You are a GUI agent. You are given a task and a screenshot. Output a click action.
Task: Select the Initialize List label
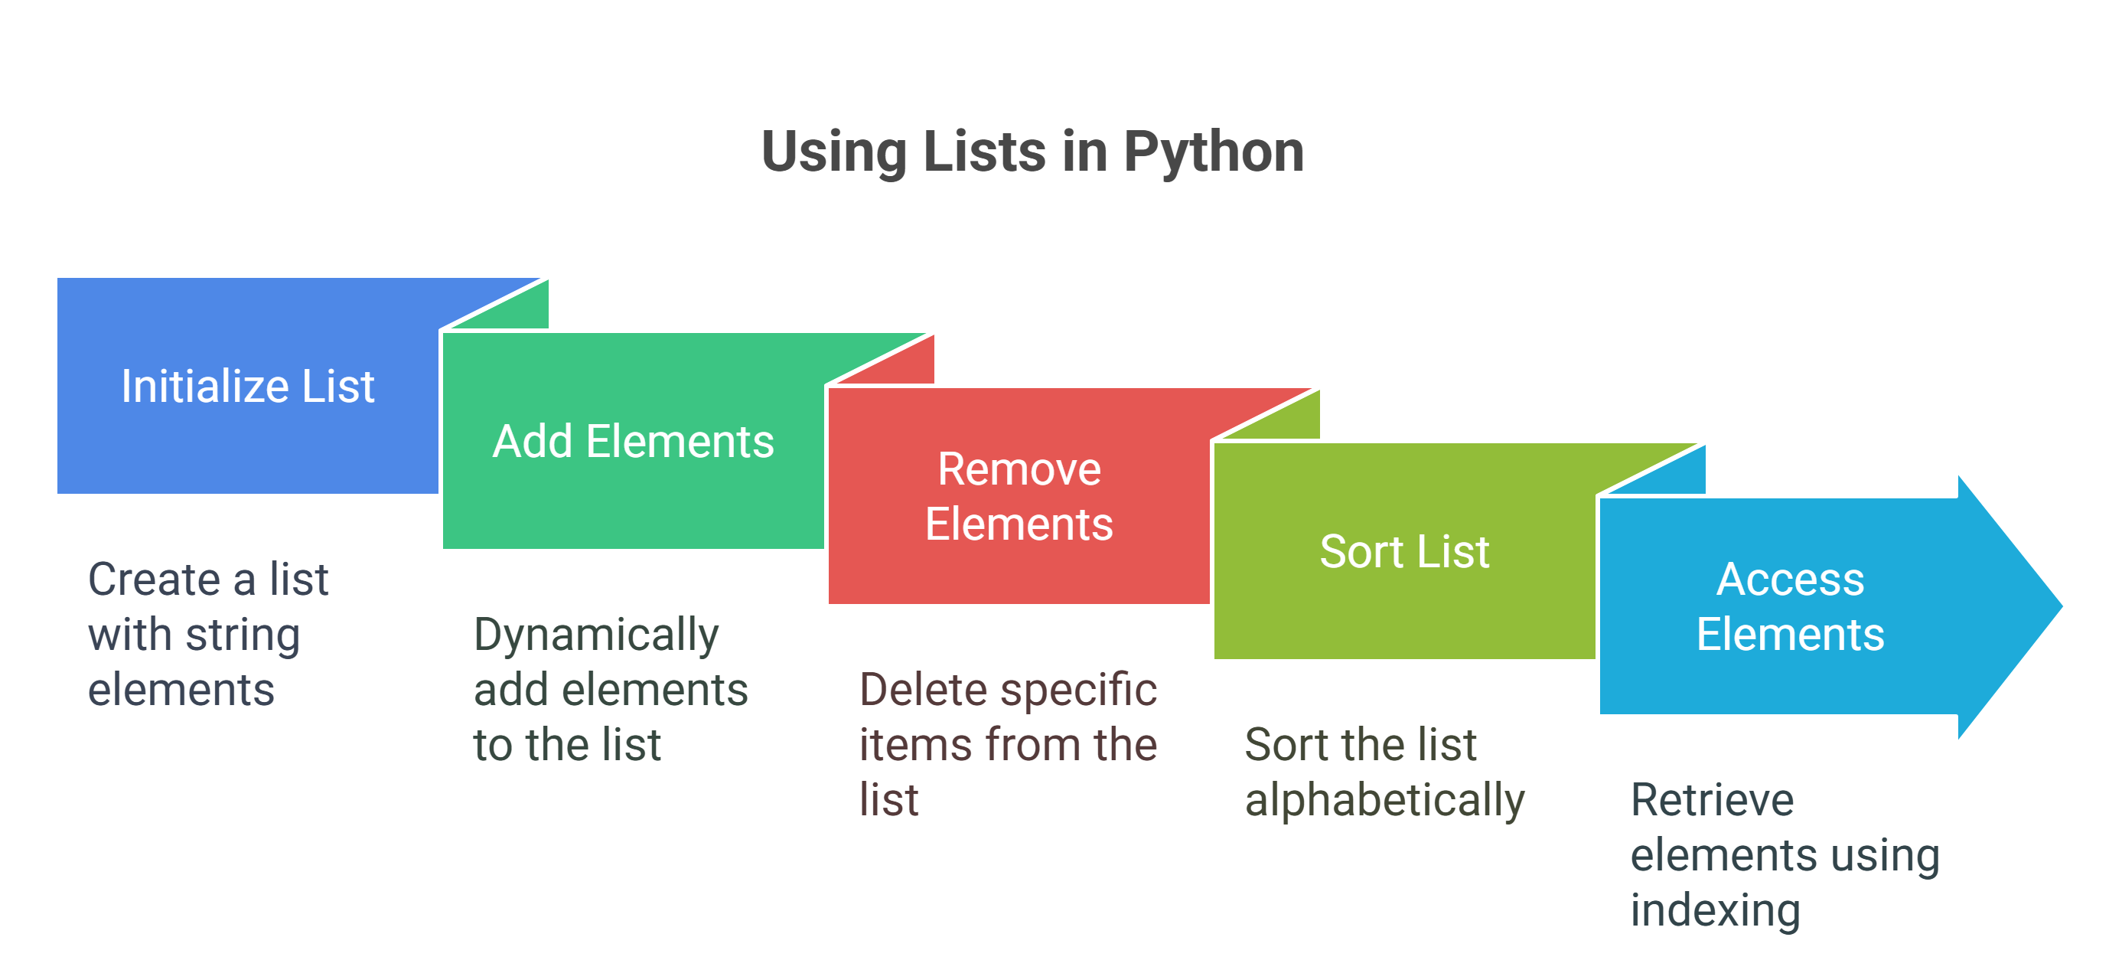[x=248, y=386]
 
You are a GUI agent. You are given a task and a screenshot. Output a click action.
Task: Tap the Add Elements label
[x=634, y=441]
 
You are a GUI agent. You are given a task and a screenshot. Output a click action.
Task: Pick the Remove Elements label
[x=1019, y=496]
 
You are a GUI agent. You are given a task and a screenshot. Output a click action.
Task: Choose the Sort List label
[x=1404, y=551]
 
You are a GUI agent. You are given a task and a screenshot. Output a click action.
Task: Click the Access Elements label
[x=1790, y=606]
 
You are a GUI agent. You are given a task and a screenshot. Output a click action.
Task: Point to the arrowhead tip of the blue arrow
[x=2062, y=606]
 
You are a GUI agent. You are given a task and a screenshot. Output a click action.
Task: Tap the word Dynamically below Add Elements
[x=596, y=636]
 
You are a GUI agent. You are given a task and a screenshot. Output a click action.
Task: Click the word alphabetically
[x=1385, y=801]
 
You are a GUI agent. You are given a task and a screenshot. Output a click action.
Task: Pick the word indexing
[x=1715, y=911]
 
